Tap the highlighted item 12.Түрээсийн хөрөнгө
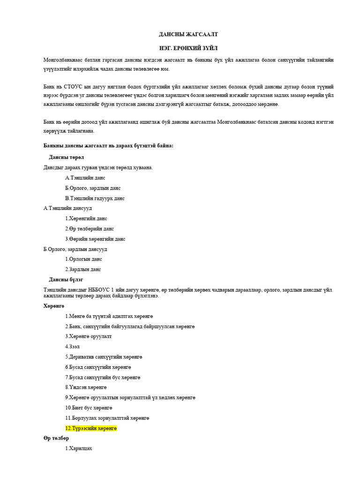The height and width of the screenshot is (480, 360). coord(91,428)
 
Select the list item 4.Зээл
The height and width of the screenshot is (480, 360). coord(73,346)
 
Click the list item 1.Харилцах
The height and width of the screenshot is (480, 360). coord(79,448)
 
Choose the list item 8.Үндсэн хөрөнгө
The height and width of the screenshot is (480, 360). coord(86,387)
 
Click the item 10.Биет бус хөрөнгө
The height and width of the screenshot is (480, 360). coord(89,407)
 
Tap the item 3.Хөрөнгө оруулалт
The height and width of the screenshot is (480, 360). coord(89,336)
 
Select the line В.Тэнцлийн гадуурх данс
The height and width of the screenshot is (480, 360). coord(95,198)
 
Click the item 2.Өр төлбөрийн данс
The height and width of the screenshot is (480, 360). coord(89,229)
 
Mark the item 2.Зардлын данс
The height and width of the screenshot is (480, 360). coord(83,270)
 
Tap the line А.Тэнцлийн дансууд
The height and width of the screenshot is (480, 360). coord(67,208)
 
